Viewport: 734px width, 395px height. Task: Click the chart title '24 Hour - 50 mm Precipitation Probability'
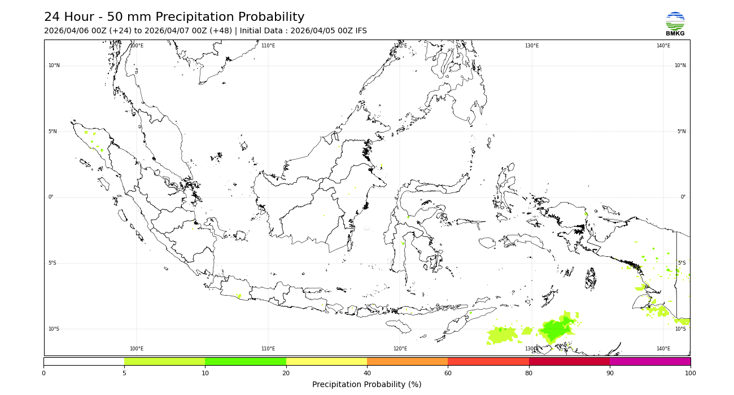point(174,17)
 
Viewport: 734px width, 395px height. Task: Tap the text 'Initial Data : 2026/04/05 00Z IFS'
point(303,31)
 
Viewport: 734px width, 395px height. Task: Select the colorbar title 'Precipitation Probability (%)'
point(367,385)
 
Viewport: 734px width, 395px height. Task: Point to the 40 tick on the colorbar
point(367,373)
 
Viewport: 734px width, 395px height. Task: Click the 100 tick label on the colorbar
point(690,373)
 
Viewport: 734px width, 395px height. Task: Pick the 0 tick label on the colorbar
point(43,373)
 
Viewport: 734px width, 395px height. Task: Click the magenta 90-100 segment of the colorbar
point(650,361)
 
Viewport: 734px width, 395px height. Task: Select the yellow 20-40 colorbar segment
point(326,361)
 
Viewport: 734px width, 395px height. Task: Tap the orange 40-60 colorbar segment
point(407,361)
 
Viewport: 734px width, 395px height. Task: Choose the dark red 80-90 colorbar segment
point(569,361)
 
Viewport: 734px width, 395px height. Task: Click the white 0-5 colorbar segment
point(84,361)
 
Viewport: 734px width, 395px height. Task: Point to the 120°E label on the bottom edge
point(400,349)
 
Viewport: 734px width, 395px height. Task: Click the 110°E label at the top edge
point(268,46)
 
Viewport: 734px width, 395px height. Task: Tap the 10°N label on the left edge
point(54,65)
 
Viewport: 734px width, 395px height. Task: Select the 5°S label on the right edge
point(681,263)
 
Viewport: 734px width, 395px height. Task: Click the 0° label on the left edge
point(50,197)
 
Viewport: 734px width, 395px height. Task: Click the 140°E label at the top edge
point(663,46)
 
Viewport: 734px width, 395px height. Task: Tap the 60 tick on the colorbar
point(448,373)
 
